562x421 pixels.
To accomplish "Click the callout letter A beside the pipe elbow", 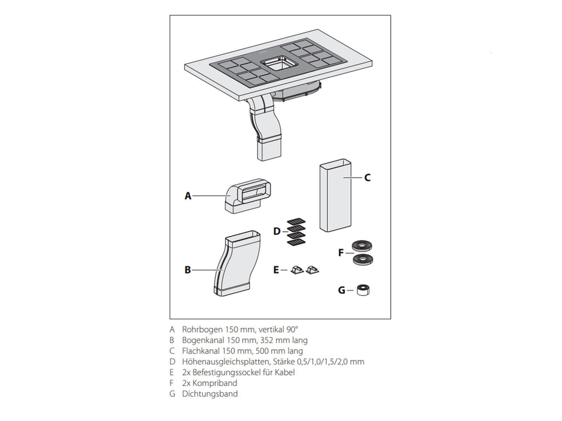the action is pos(188,196).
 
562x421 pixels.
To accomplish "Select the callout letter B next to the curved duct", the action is pos(188,270).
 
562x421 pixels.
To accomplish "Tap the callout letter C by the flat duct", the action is pos(367,178).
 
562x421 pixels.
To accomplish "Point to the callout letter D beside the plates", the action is pos(277,231).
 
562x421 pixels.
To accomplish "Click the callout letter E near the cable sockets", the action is pos(276,270).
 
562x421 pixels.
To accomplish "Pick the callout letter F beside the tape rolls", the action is pos(341,253).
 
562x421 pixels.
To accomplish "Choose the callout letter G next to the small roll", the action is pos(341,290).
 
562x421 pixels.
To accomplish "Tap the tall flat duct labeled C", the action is pos(335,195).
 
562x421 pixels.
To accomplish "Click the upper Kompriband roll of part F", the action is pos(362,246).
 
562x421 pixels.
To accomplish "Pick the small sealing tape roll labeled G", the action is pos(363,290).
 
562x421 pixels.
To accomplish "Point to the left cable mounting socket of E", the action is pos(297,270).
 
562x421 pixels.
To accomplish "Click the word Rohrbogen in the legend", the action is pos(201,329).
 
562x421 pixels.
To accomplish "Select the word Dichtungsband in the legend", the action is pos(210,394).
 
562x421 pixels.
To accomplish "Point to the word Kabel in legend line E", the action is pos(285,372).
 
